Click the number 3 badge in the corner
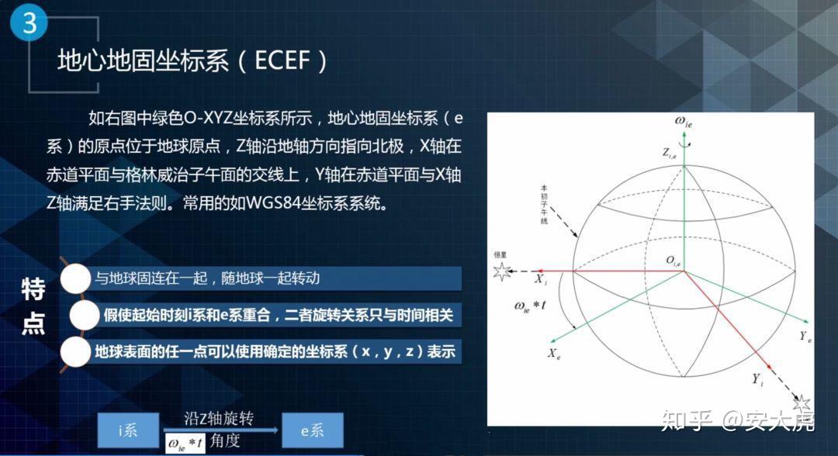tap(29, 24)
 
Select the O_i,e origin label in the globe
tap(673, 263)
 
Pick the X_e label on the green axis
tap(554, 353)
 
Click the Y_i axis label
tap(757, 379)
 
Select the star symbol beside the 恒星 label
tap(503, 271)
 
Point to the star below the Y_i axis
tap(802, 402)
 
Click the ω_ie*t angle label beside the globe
tap(531, 306)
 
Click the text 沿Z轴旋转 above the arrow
tap(219, 420)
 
